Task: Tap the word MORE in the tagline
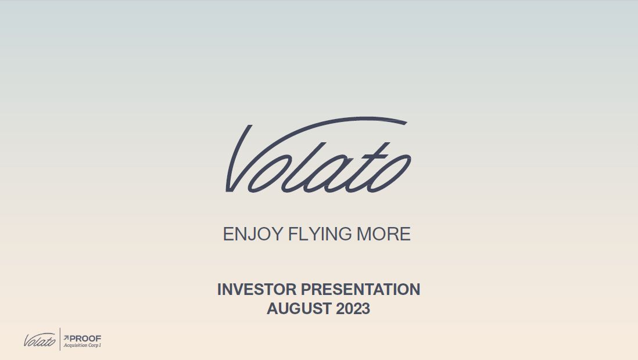(383, 235)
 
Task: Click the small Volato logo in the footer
(40, 340)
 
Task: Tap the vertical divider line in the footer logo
(60, 339)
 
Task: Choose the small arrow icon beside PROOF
(66, 337)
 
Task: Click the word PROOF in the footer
(85, 337)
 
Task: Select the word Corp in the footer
(95, 345)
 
